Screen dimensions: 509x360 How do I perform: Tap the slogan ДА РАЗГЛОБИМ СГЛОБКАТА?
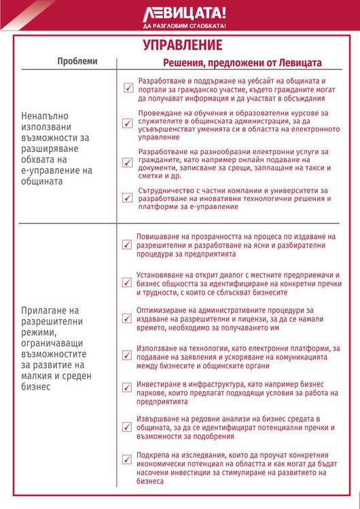(185, 26)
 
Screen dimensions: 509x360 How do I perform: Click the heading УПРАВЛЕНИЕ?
(183, 45)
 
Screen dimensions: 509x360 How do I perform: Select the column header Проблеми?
(77, 61)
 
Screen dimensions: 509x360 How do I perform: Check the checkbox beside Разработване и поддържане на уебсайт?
(128, 88)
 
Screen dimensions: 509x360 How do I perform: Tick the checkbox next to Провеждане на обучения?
(128, 124)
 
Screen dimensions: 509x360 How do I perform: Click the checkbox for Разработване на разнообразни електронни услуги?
(128, 162)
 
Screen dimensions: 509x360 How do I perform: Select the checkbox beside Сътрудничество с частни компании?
(128, 198)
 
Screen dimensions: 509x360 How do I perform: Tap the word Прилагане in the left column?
(46, 310)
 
